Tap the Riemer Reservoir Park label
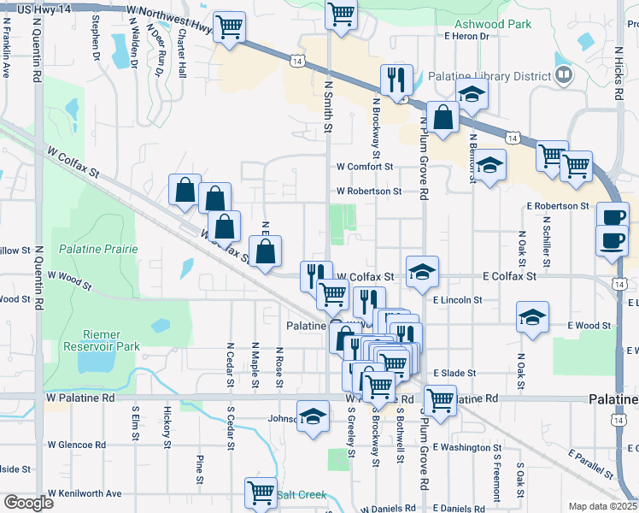pos(101,340)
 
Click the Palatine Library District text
pos(489,76)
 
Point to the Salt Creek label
pos(302,495)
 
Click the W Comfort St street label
pos(365,167)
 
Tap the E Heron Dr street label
pos(466,36)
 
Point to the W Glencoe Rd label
pos(77,445)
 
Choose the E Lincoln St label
pos(458,300)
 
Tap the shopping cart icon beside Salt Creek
pos(261,492)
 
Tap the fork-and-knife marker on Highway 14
pos(396,80)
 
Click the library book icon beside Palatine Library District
pos(563,76)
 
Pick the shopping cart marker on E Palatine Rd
pos(440,399)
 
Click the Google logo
pos(28,503)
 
